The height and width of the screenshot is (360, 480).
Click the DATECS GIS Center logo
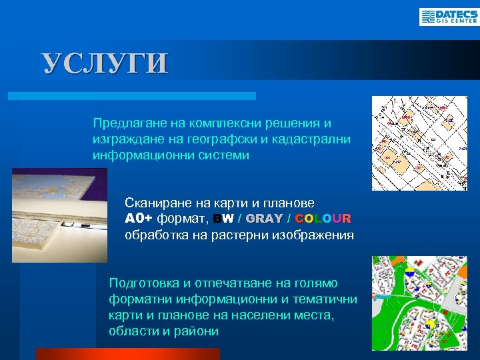pos(448,16)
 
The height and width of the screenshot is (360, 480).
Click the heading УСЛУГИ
pos(105,63)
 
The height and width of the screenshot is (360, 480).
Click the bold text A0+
pos(139,219)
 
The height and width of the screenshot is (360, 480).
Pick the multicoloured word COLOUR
pos(323,219)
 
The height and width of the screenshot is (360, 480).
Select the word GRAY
pos(264,219)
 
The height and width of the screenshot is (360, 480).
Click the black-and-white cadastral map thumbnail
pos(419,143)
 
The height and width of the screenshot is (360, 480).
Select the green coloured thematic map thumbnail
pos(419,303)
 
